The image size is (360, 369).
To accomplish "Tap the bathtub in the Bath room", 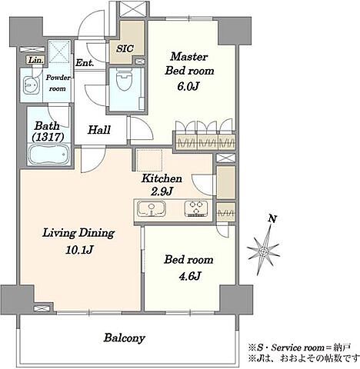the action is coord(49,155).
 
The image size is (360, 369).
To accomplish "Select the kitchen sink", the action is coord(152,208).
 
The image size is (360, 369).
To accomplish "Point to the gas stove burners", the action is coord(196,208).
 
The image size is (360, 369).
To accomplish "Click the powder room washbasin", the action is coord(32,85).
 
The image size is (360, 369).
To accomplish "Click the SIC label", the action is coord(125,48).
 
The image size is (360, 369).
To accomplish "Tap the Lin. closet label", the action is coord(35,61).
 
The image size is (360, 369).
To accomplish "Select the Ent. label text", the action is coord(85,62).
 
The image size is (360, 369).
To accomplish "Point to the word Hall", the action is coord(99,130).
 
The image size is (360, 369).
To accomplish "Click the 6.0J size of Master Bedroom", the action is coord(188,87).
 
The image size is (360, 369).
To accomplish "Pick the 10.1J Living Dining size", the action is coord(78,249).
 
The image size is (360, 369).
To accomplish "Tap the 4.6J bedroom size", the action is coord(189,276).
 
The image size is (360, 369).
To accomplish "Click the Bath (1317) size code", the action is coord(48,138).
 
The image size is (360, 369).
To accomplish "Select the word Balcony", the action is coord(125,338).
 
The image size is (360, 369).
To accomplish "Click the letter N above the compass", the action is coord(272,219).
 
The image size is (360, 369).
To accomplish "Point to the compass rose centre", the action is coord(262,252).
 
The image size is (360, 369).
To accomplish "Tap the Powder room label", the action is coord(58,83).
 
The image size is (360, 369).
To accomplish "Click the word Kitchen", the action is coord(162,178).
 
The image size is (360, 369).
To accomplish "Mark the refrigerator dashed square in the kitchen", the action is coord(149,161).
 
